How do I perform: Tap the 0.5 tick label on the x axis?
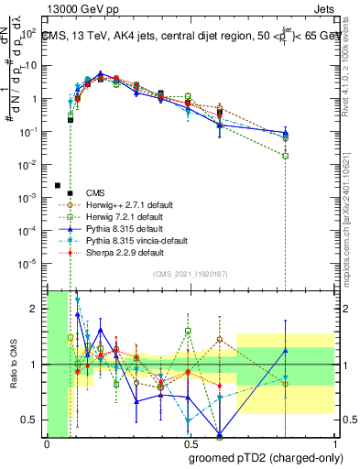[x=191, y=444]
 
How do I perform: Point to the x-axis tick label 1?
[x=334, y=444]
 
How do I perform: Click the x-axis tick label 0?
[x=47, y=444]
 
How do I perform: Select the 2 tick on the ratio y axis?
[x=37, y=309]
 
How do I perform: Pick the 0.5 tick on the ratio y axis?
[x=33, y=420]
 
